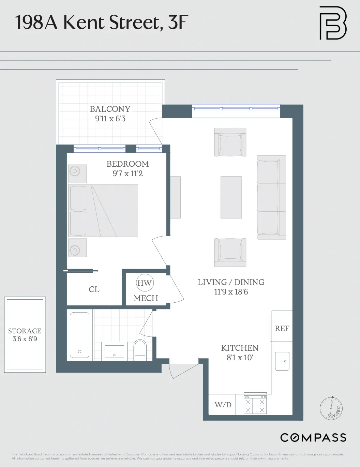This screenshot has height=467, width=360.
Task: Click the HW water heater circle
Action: pyautogui.click(x=145, y=283)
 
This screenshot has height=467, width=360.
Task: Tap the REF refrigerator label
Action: pyautogui.click(x=282, y=328)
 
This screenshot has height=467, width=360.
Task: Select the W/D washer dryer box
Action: pyautogui.click(x=223, y=405)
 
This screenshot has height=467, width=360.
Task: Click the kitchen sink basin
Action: pyautogui.click(x=282, y=361)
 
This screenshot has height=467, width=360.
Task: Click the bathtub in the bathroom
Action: pyautogui.click(x=79, y=335)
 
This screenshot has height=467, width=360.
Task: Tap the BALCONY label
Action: pyautogui.click(x=110, y=109)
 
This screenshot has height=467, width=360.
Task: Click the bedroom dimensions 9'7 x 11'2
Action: pyautogui.click(x=127, y=174)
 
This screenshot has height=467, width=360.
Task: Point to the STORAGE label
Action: pyautogui.click(x=25, y=331)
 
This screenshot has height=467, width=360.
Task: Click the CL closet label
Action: pyautogui.click(x=94, y=289)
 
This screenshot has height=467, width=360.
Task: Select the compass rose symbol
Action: pyautogui.click(x=331, y=408)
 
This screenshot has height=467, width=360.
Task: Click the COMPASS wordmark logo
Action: pyautogui.click(x=313, y=437)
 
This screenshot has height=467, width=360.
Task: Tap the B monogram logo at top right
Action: pyautogui.click(x=333, y=23)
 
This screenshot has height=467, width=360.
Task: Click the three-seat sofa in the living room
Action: pyautogui.click(x=271, y=197)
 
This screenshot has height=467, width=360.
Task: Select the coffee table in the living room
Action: pyautogui.click(x=231, y=197)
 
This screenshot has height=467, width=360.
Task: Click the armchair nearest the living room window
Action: pyautogui.click(x=230, y=142)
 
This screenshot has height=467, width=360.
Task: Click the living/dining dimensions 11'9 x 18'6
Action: pyautogui.click(x=231, y=292)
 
